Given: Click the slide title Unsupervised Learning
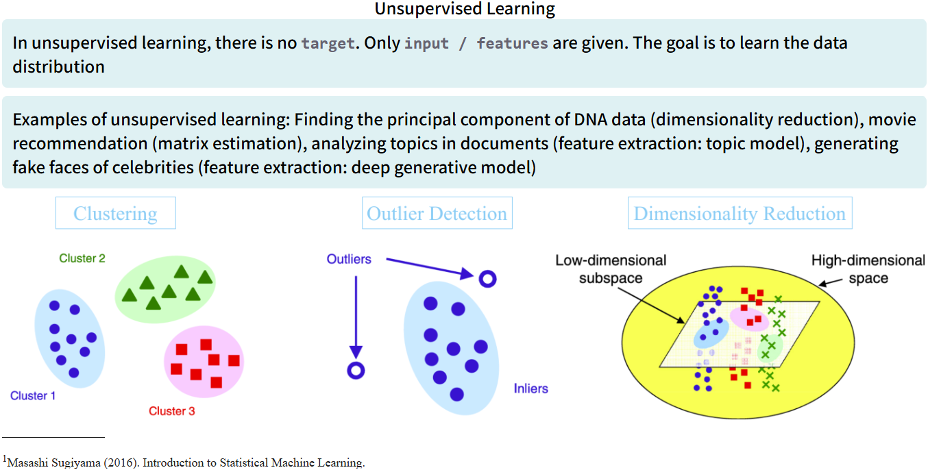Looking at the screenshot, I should pyautogui.click(x=464, y=9).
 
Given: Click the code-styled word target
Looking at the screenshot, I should pyautogui.click(x=328, y=43).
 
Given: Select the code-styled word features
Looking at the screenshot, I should pyautogui.click(x=512, y=43).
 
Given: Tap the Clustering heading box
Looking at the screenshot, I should pyautogui.click(x=115, y=213).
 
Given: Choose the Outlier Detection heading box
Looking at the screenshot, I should pyautogui.click(x=437, y=213).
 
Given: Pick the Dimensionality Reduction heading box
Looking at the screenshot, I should pyautogui.click(x=740, y=213).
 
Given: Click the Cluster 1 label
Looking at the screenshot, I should pyautogui.click(x=33, y=395).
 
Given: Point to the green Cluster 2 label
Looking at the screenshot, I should pyautogui.click(x=82, y=258).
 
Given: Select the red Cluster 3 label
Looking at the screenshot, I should pyautogui.click(x=172, y=411).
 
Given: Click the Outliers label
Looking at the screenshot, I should pyautogui.click(x=349, y=259).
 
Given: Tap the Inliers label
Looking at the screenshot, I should pyautogui.click(x=530, y=388).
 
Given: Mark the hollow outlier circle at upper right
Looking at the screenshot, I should pyautogui.click(x=487, y=279).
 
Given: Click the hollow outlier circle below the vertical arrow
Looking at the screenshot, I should pyautogui.click(x=355, y=371).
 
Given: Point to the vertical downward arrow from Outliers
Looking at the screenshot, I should pyautogui.click(x=355, y=315).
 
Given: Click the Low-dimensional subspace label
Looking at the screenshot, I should pyautogui.click(x=611, y=269).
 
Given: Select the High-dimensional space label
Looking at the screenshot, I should pyautogui.click(x=868, y=269).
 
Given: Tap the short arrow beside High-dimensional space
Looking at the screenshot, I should pyautogui.click(x=831, y=282).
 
